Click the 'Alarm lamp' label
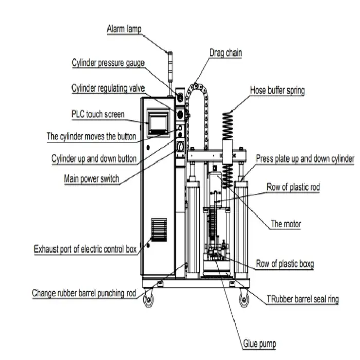(124, 29)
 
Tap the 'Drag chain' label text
(226, 53)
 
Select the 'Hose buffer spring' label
(278, 91)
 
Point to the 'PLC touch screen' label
(98, 114)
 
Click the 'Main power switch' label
(92, 178)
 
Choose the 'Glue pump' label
(259, 344)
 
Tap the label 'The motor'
(285, 224)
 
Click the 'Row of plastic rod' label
(293, 187)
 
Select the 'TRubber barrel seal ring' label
(302, 299)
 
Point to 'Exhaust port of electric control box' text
(85, 249)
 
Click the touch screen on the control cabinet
(158, 122)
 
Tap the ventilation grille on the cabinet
(158, 230)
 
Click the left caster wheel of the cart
(148, 299)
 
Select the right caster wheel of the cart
(244, 299)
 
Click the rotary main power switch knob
(181, 147)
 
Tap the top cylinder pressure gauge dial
(180, 97)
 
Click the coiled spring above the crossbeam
(227, 126)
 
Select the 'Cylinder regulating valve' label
(108, 88)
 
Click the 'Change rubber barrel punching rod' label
(84, 293)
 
